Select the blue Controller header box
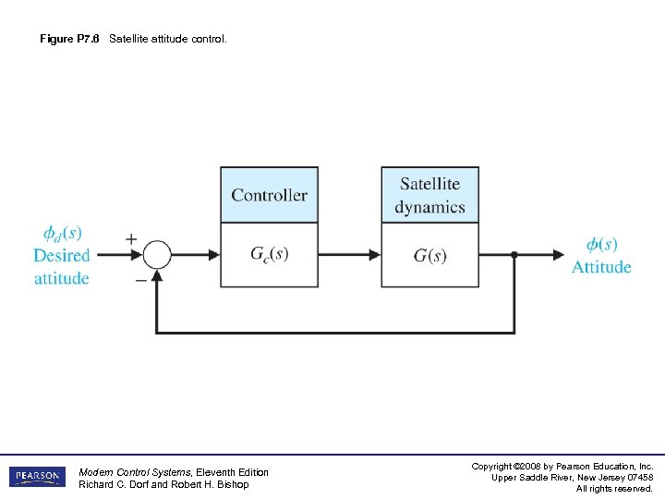(269, 195)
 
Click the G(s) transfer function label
(429, 256)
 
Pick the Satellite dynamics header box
(429, 195)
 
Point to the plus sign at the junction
(131, 239)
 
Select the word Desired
(62, 255)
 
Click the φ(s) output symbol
(601, 245)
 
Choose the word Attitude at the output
(601, 267)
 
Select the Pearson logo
(38, 477)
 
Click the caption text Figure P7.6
(70, 40)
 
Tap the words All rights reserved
(614, 489)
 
